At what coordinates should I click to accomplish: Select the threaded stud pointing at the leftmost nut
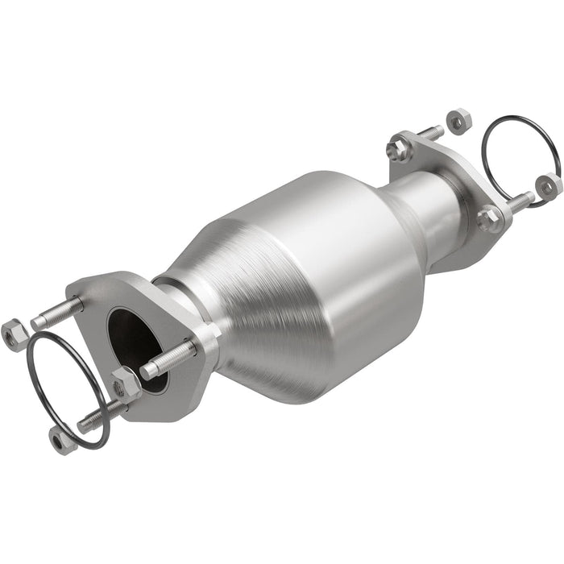pos(56,313)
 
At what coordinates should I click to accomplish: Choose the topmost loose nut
pos(457,120)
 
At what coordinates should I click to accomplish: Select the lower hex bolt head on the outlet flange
pos(488,218)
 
